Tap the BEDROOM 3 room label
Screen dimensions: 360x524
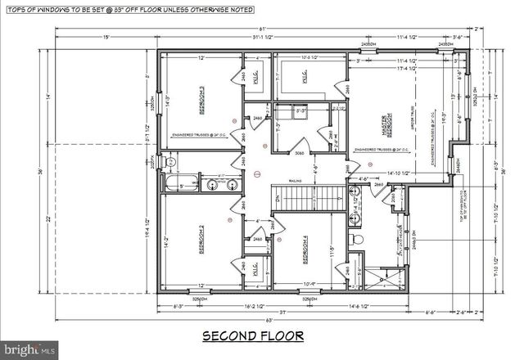[201, 95]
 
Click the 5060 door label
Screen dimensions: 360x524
[300, 153]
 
